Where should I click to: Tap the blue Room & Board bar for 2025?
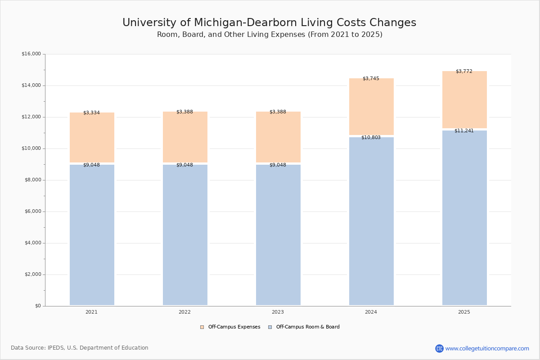pos(464,218)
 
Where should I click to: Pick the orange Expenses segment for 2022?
pos(185,138)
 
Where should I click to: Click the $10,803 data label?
pos(371,137)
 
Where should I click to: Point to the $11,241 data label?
pos(464,130)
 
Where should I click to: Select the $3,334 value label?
pos(91,112)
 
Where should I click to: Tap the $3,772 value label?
pos(464,71)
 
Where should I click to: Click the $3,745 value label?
pos(371,78)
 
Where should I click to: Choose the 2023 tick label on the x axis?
pos(278,312)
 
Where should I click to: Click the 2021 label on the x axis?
pos(91,312)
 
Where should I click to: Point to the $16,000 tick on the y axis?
pos(31,54)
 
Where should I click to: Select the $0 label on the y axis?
pos(37,306)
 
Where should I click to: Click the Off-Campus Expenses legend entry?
pos(230,327)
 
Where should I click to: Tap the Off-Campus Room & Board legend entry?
pos(304,327)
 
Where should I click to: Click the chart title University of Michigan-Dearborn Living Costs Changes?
pos(269,22)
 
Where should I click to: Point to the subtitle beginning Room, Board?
pos(270,35)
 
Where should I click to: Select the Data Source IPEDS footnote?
pos(80,348)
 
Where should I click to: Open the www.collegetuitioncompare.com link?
pos(487,348)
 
